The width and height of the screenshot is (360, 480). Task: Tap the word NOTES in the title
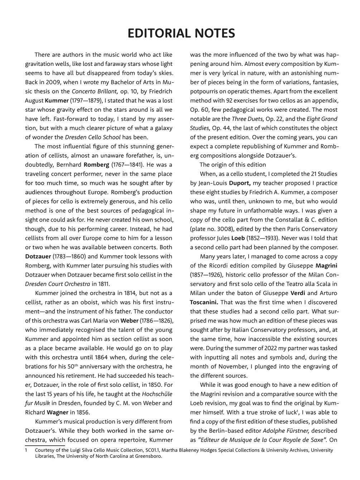[x=215, y=33]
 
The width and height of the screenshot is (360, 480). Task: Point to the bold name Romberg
[x=95, y=165]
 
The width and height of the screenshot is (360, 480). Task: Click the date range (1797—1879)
[x=86, y=101]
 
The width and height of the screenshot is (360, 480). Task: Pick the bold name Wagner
[x=58, y=412]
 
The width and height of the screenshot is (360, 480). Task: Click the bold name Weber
[x=129, y=321]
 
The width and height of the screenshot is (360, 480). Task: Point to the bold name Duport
[x=233, y=183]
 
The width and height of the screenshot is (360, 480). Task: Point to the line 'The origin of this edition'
[x=232, y=165]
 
